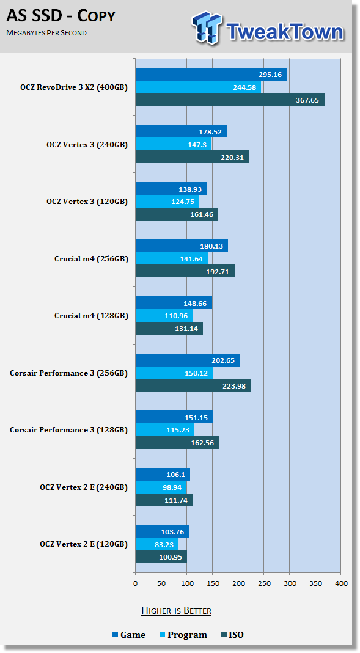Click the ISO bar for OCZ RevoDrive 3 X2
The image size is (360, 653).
click(x=230, y=100)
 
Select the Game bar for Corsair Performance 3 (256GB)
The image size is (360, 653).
click(x=188, y=360)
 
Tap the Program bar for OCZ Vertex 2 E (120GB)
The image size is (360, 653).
click(x=157, y=544)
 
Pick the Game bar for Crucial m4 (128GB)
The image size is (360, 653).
click(x=174, y=303)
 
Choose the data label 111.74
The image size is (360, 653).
click(x=176, y=500)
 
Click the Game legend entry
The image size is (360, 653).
click(x=129, y=635)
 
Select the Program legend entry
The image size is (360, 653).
click(x=183, y=635)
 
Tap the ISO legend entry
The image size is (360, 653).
click(x=232, y=635)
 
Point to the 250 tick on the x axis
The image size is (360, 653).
click(x=264, y=583)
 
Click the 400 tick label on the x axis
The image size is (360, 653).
click(x=341, y=583)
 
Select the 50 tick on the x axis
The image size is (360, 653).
click(x=161, y=583)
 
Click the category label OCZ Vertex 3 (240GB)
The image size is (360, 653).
click(x=87, y=145)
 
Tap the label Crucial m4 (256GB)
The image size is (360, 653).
click(x=91, y=259)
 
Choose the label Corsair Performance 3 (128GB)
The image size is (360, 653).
click(x=68, y=430)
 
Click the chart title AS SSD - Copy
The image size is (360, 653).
click(x=61, y=16)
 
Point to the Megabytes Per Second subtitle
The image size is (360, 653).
click(x=46, y=33)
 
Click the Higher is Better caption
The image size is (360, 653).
click(x=176, y=611)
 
